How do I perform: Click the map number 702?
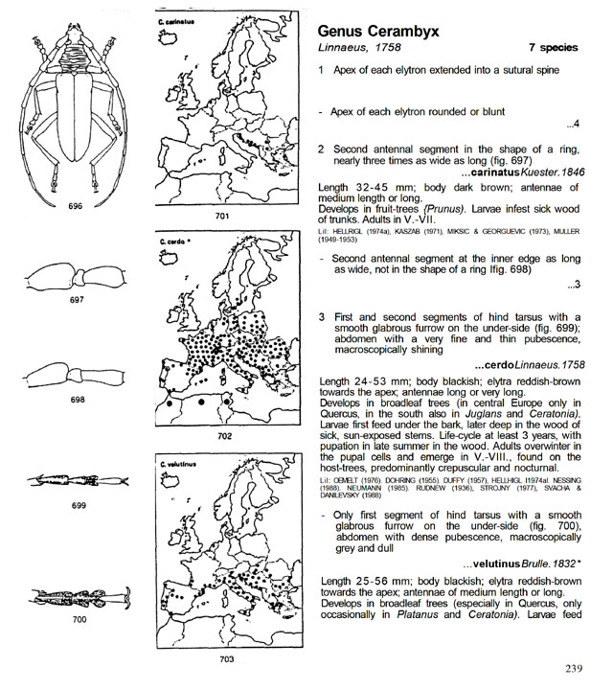click(x=224, y=436)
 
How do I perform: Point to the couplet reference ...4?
click(x=573, y=125)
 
